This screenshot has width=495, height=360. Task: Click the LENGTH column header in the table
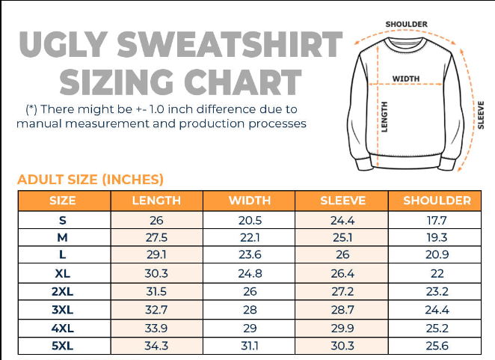[156, 201]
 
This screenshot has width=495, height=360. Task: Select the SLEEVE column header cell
[342, 201]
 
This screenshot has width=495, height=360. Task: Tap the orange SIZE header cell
[63, 201]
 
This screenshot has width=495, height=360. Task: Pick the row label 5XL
[63, 347]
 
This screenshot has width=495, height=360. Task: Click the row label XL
[63, 274]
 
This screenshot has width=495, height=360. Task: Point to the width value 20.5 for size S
[250, 220]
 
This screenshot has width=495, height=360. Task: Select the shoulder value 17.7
[437, 220]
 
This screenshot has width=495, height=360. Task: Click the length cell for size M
[156, 238]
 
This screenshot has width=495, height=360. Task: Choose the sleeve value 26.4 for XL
[342, 274]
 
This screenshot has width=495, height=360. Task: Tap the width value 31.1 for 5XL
[250, 347]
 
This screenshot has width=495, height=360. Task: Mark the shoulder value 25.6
[437, 347]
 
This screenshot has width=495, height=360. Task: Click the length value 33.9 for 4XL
[156, 329]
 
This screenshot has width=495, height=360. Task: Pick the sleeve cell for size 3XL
[342, 311]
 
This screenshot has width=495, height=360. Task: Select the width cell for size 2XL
[250, 292]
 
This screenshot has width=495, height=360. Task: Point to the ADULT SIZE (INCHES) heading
[90, 180]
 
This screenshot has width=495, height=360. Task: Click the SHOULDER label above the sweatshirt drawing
[407, 25]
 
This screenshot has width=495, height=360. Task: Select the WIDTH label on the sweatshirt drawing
[406, 79]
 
